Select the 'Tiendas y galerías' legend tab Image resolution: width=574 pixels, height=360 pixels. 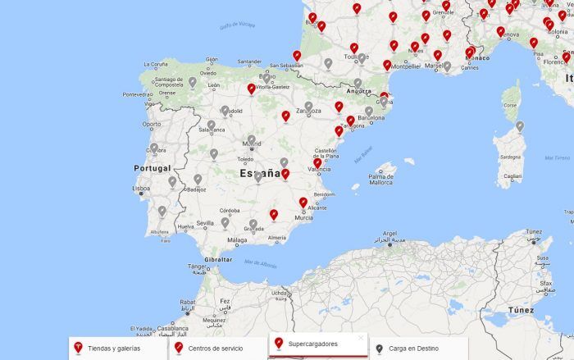pyautogui.click(x=113, y=348)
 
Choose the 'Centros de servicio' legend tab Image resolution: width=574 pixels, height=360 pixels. pyautogui.click(x=215, y=348)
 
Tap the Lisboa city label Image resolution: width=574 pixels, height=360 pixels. pyautogui.click(x=141, y=188)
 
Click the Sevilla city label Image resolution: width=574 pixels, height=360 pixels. pyautogui.click(x=205, y=222)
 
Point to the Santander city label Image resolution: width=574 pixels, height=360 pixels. pyautogui.click(x=249, y=61)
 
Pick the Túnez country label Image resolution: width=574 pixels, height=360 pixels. pyautogui.click(x=521, y=310)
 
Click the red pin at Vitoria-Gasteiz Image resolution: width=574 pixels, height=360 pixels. pyautogui.click(x=252, y=87)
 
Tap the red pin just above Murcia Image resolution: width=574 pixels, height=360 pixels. pyautogui.click(x=303, y=201)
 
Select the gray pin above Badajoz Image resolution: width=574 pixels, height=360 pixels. pyautogui.click(x=198, y=178)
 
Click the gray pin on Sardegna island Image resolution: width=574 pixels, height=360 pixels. pyautogui.click(x=519, y=125)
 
